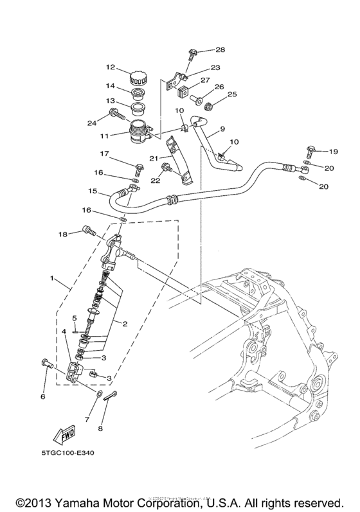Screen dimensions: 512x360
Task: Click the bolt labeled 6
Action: point(46,364)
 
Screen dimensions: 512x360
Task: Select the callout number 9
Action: point(222,129)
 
